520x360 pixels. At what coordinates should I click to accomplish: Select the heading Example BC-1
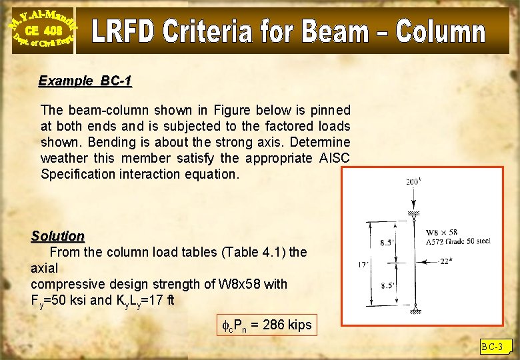point(85,81)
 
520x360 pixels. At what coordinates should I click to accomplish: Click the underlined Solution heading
point(58,236)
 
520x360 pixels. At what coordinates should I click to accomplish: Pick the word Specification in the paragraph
point(78,174)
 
